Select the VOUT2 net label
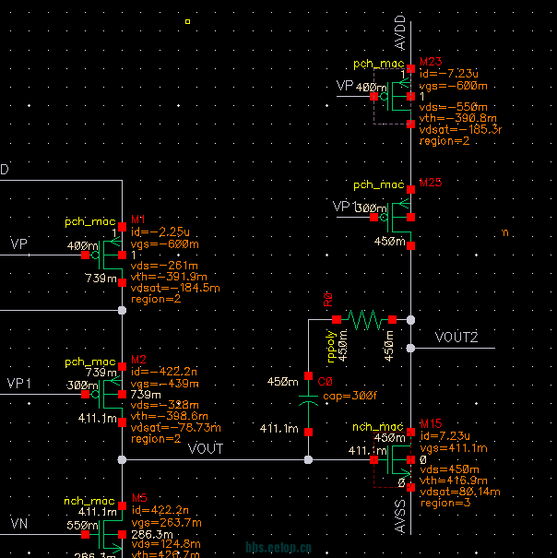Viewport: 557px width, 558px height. (456, 338)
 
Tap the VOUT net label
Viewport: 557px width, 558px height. (205, 449)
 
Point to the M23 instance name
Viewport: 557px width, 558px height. (431, 61)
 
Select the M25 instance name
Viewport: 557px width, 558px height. (431, 183)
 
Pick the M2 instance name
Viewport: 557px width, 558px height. (139, 359)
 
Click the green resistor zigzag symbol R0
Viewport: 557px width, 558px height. (364, 319)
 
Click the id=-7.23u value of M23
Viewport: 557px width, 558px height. (447, 73)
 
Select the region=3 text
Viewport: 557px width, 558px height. (444, 504)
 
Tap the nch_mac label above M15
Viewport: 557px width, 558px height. (379, 427)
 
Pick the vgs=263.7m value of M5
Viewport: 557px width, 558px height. (164, 522)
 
